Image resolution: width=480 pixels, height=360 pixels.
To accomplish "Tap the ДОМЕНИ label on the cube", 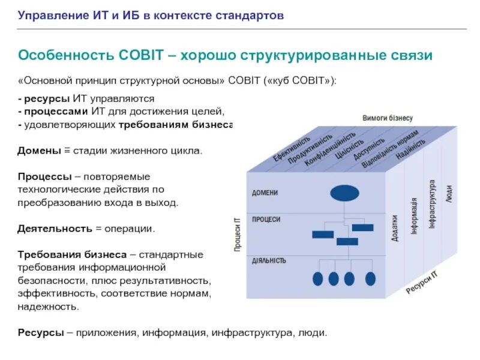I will [265, 193].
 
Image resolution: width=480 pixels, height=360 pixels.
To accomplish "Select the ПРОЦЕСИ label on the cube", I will [266, 220].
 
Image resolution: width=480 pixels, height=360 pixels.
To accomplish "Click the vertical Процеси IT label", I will [238, 235].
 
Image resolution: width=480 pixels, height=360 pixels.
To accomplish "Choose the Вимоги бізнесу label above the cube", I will [388, 119].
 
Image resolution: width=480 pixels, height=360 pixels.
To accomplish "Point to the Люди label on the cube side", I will [449, 192].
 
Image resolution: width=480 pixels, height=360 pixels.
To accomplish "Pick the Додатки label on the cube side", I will [394, 229].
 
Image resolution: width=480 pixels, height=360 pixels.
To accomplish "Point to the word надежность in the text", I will [47, 306].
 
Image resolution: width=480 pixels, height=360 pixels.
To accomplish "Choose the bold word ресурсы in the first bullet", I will [42, 98].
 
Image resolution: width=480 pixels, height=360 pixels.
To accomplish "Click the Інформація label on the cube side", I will [414, 217].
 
